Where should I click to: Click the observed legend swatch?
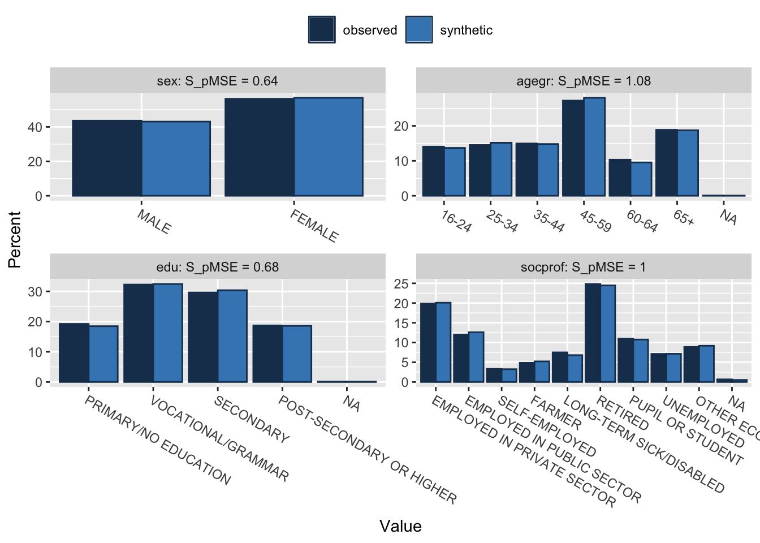tap(322, 30)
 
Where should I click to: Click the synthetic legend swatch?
tap(419, 30)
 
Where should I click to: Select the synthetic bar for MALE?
tap(176, 159)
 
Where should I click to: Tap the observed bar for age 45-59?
tap(573, 148)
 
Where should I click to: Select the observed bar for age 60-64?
tap(620, 178)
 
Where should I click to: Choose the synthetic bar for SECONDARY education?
tap(232, 336)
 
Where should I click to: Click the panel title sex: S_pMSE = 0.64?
tap(218, 81)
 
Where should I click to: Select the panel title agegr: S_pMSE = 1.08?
tap(584, 81)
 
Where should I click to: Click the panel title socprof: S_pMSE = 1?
tap(584, 267)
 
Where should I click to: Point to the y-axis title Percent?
tap(15, 239)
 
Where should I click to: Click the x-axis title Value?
tap(400, 526)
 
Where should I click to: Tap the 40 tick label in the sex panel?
tap(34, 127)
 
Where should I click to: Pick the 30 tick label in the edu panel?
tap(34, 292)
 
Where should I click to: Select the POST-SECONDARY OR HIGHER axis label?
tap(368, 449)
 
